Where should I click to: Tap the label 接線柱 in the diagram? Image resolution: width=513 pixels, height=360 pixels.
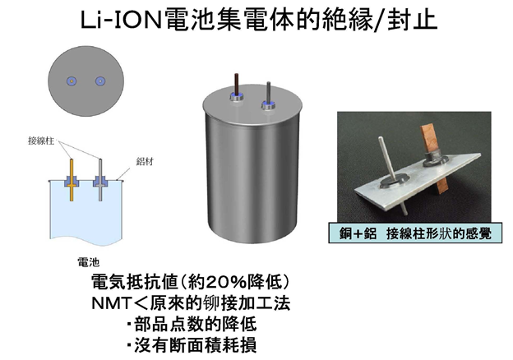point(41,141)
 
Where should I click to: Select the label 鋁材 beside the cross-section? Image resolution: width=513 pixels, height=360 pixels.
point(145,162)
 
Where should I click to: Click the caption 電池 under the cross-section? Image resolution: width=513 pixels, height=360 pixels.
point(88,262)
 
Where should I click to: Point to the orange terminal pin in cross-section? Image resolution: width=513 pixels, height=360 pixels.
point(72,180)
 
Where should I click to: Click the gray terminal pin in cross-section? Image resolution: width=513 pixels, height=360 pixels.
point(100,180)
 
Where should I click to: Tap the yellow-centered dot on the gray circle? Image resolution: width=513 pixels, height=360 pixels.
point(72,81)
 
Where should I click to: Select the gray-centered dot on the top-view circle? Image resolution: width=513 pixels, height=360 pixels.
point(100,81)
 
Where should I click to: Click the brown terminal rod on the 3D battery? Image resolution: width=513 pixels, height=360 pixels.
point(237,84)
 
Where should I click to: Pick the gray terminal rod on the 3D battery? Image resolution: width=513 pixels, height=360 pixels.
point(268,93)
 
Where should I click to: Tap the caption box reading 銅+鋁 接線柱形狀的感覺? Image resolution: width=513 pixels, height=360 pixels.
point(415,233)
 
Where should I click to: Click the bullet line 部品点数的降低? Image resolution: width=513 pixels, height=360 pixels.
point(192,324)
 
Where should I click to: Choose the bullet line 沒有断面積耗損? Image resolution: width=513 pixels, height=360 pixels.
point(192,345)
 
